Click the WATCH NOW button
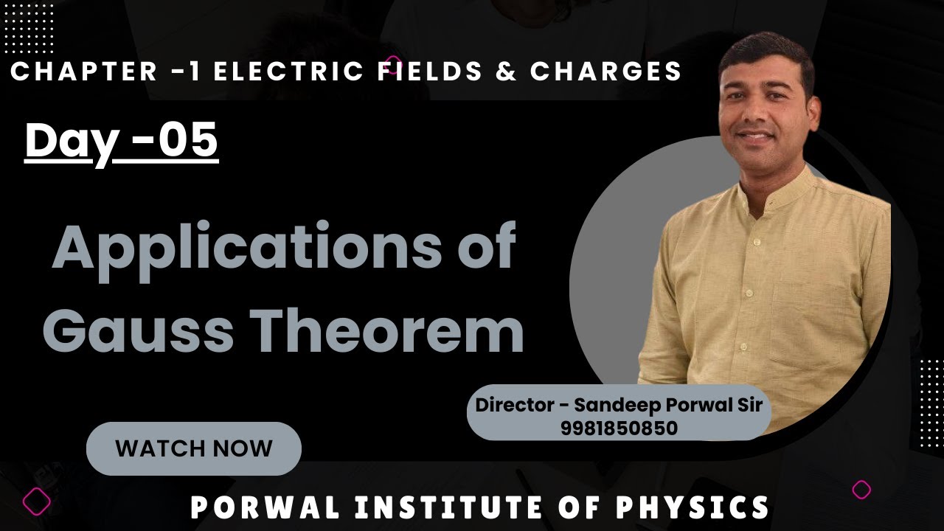coord(194,448)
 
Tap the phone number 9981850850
coord(619,428)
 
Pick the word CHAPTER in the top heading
coord(84,72)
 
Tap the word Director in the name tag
coord(513,405)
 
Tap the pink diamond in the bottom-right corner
coord(861,490)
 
